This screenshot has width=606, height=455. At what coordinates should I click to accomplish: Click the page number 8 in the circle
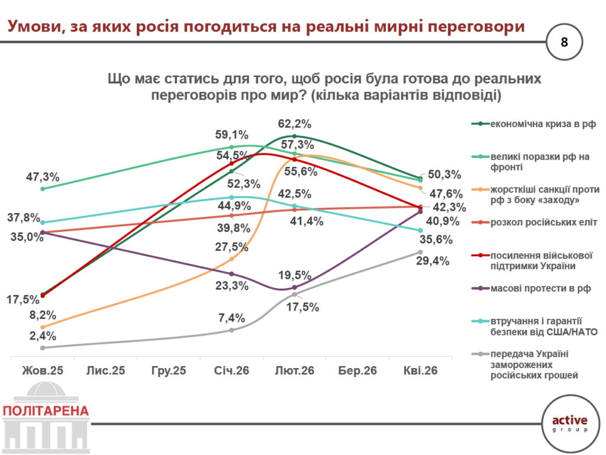pyautogui.click(x=563, y=41)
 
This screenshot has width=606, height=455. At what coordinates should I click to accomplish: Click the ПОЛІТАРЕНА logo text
pyautogui.click(x=46, y=411)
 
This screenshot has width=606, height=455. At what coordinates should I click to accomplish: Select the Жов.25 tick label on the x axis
pyautogui.click(x=42, y=371)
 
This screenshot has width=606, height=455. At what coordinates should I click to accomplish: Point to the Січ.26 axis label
pyautogui.click(x=231, y=371)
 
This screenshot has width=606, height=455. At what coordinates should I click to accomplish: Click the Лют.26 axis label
pyautogui.click(x=294, y=371)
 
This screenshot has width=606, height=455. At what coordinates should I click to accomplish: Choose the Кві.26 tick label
pyautogui.click(x=421, y=371)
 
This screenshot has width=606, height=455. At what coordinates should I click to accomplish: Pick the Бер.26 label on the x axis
pyautogui.click(x=357, y=371)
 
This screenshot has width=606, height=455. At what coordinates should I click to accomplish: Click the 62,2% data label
pyautogui.click(x=295, y=124)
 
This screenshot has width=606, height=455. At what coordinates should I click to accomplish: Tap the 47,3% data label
pyautogui.click(x=43, y=176)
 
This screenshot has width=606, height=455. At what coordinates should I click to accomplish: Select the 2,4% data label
pyautogui.click(x=43, y=336)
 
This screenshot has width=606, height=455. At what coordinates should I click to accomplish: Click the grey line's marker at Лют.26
pyautogui.click(x=295, y=294)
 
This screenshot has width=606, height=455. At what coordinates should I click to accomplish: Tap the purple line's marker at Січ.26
pyautogui.click(x=231, y=274)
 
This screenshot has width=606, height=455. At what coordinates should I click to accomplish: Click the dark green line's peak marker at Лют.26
pyautogui.click(x=295, y=137)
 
